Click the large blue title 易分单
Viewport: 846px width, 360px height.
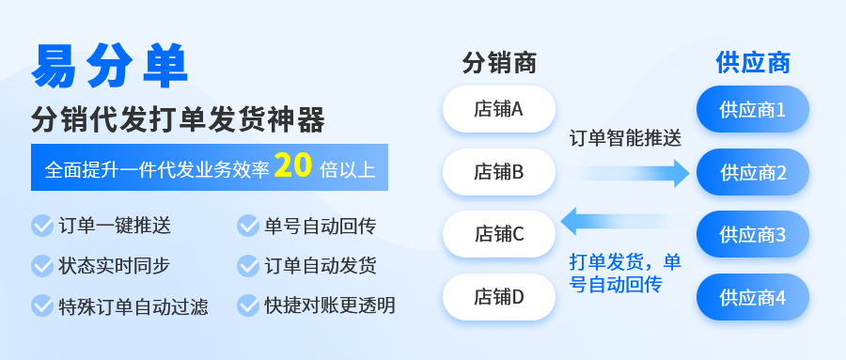tap(110, 66)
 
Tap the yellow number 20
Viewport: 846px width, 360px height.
tap(293, 166)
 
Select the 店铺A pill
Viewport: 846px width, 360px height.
tap(499, 109)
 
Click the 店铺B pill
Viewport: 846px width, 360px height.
tap(499, 172)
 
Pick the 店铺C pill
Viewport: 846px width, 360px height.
tap(499, 234)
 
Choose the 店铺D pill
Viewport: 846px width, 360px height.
tap(499, 297)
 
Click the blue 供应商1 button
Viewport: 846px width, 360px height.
tap(753, 109)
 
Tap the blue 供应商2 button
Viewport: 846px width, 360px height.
tap(753, 172)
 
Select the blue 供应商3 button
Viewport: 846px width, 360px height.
tap(753, 234)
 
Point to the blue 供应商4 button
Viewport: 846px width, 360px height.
tap(753, 297)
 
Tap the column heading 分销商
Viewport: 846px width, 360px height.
tap(499, 63)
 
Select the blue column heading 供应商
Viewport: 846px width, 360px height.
tap(753, 63)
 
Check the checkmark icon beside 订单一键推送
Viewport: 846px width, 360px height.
tap(42, 226)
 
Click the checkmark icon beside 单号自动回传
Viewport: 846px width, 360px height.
tap(248, 226)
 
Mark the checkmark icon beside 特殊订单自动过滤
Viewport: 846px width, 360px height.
tap(42, 305)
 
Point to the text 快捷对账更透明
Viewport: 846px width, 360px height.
tap(330, 305)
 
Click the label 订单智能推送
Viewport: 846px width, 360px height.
tap(626, 138)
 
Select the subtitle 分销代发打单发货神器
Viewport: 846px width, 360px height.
tap(178, 119)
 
